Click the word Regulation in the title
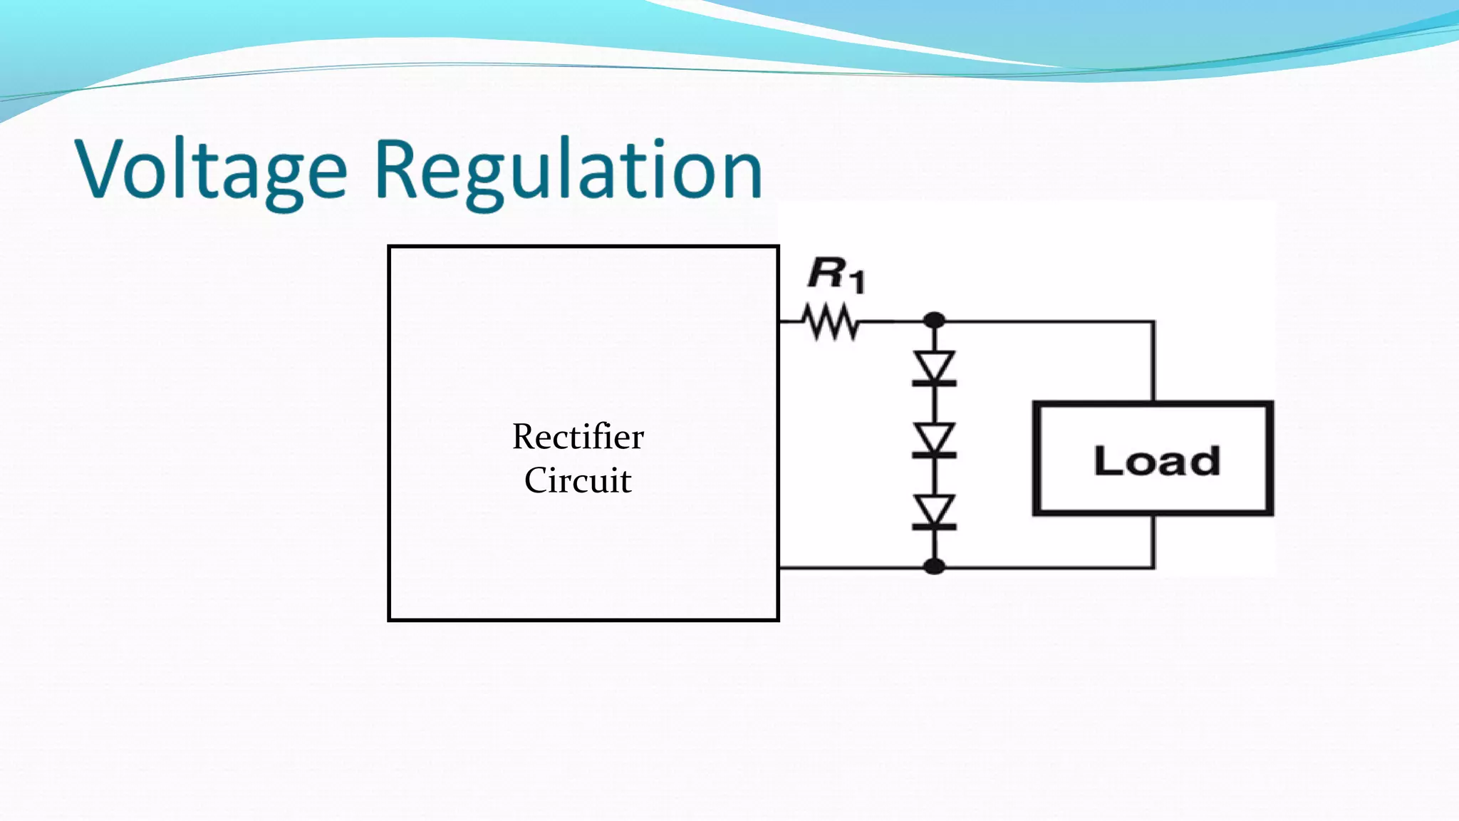[568, 171]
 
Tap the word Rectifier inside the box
[578, 436]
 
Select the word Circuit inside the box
[578, 480]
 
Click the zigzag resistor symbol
[831, 322]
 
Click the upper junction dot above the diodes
[934, 321]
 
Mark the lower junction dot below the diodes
[934, 567]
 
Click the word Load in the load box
[1156, 461]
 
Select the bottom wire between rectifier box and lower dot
[855, 568]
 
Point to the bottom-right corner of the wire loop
[1153, 567]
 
